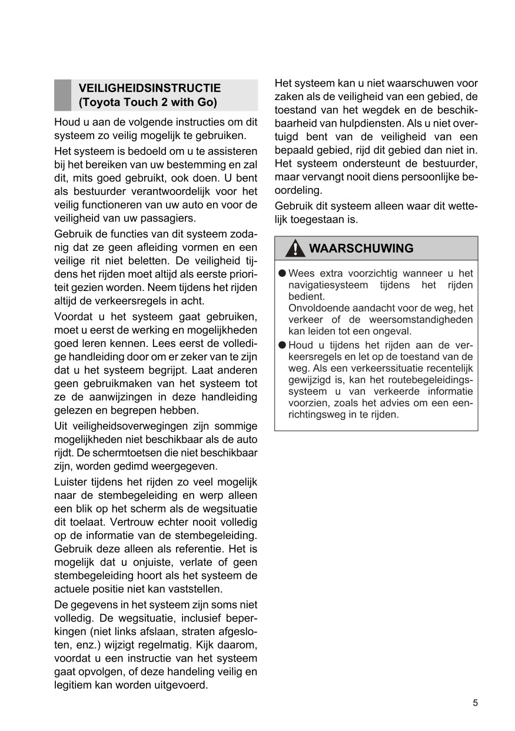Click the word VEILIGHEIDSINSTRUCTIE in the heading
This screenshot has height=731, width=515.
click(149, 88)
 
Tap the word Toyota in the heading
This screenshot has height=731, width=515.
click(99, 102)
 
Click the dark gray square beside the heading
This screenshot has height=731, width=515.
click(62, 95)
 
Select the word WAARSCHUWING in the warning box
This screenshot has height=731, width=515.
click(360, 249)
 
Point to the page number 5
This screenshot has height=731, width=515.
click(475, 702)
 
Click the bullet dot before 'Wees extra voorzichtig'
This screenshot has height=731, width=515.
click(283, 273)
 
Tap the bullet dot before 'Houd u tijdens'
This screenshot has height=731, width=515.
click(283, 345)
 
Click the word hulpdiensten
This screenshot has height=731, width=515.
click(366, 123)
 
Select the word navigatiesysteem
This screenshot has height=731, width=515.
click(326, 285)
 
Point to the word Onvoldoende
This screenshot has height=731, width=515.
click(316, 308)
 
